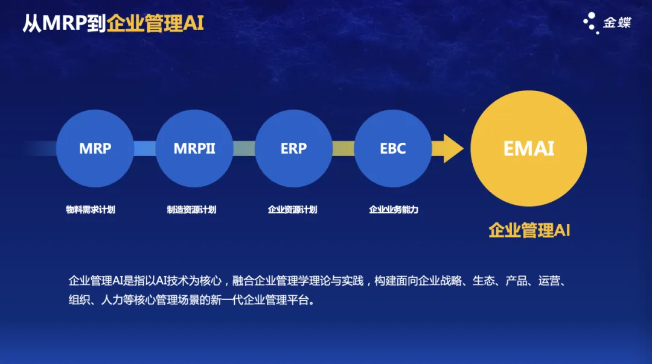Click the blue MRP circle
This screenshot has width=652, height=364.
click(x=95, y=148)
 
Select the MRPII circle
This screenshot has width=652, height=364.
click(x=194, y=148)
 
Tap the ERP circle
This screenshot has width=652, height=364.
click(x=293, y=148)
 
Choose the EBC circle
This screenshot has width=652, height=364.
click(x=393, y=148)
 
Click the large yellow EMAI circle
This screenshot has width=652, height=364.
click(x=528, y=148)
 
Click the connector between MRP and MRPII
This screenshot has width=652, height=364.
click(x=145, y=148)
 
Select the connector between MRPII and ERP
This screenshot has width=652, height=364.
click(x=244, y=148)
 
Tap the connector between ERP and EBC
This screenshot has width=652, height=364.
click(x=344, y=148)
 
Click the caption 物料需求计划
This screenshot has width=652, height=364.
click(x=91, y=210)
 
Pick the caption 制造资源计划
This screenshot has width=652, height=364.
click(x=192, y=210)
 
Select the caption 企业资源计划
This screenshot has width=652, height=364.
click(x=293, y=210)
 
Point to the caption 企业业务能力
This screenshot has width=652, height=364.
click(x=394, y=210)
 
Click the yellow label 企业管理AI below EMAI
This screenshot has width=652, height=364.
click(x=529, y=230)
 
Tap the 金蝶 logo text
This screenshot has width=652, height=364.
click(x=617, y=22)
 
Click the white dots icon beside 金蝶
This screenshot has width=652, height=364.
click(x=591, y=23)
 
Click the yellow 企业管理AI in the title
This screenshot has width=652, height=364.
click(x=155, y=24)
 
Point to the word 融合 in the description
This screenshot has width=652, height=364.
click(x=243, y=281)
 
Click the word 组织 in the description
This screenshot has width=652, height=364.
click(x=80, y=300)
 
